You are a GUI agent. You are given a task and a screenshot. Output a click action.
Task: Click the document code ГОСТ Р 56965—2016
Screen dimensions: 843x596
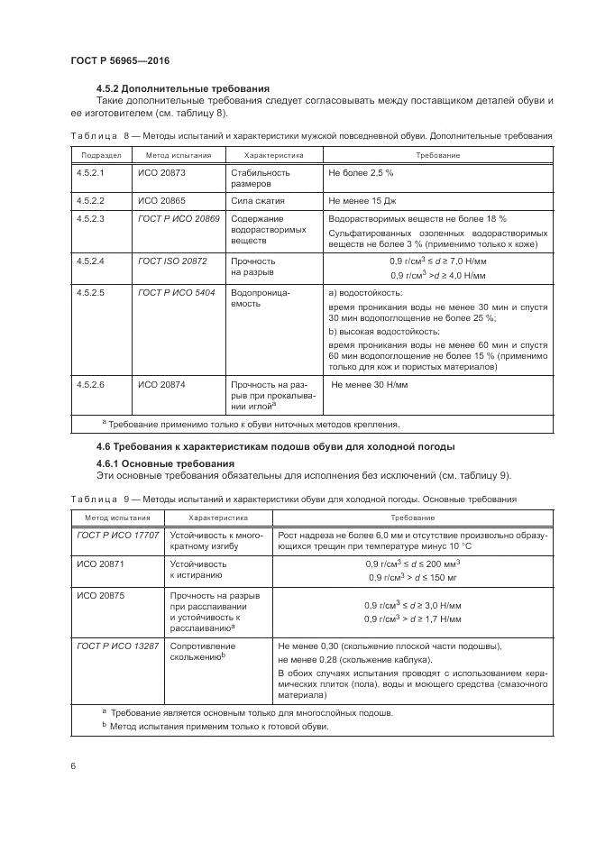[x=120, y=60]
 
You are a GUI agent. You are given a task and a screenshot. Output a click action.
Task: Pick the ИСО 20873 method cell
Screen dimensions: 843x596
[x=160, y=171]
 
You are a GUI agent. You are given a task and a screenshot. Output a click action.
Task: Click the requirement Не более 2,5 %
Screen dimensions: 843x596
[x=362, y=171]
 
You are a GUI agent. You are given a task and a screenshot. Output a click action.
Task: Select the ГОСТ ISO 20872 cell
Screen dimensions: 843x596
[x=172, y=261]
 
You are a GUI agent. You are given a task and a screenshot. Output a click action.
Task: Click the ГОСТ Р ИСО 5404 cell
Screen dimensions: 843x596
[x=178, y=293]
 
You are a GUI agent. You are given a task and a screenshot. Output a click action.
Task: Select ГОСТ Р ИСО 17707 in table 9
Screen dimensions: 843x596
[x=118, y=536]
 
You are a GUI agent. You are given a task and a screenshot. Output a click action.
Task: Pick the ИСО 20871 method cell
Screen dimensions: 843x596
[x=101, y=564]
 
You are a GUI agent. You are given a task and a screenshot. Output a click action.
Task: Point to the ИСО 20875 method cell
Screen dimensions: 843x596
[x=101, y=596]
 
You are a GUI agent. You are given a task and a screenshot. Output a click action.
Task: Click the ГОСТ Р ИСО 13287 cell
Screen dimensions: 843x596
[x=118, y=646]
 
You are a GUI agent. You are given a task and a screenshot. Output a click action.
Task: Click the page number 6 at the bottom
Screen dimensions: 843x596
[x=73, y=765]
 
